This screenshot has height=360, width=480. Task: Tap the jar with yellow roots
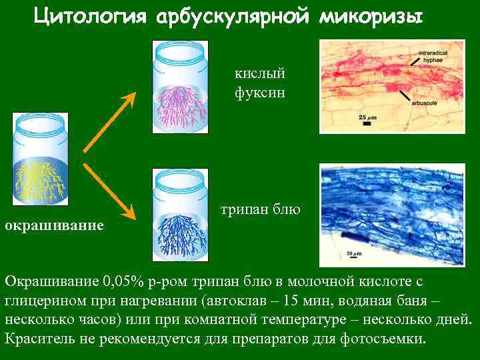(40, 160)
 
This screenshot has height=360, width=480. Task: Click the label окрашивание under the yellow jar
(54, 225)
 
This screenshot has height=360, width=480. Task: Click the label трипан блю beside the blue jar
(261, 210)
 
